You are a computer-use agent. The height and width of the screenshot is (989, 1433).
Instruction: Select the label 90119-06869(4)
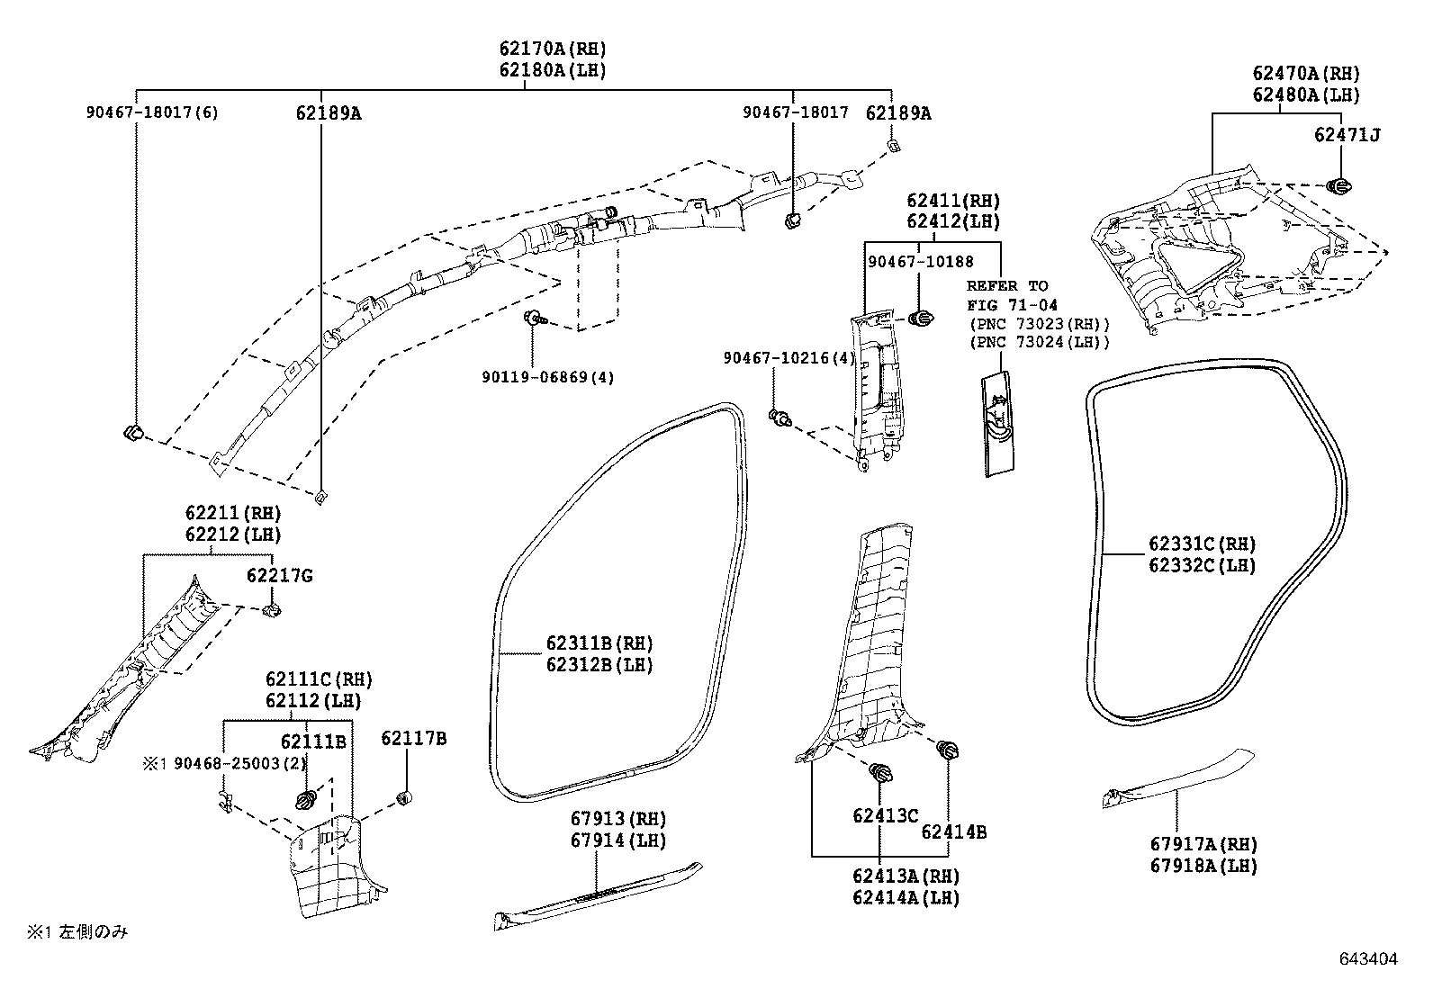click(x=546, y=377)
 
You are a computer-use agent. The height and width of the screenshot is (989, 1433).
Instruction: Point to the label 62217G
click(x=279, y=576)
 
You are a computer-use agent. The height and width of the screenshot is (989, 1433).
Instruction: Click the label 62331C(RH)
click(x=1201, y=544)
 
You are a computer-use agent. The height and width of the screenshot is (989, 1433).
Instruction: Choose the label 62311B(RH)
click(x=599, y=643)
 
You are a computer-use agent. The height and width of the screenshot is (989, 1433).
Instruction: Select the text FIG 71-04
click(x=1012, y=305)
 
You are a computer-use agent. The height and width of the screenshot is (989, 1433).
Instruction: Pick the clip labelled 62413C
click(x=880, y=773)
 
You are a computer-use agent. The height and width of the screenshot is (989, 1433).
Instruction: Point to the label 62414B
click(x=952, y=833)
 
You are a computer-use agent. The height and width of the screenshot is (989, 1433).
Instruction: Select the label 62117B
click(x=413, y=739)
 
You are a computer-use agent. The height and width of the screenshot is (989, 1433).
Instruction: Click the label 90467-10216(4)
click(x=789, y=358)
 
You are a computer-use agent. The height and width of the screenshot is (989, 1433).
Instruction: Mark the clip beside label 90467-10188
click(x=922, y=319)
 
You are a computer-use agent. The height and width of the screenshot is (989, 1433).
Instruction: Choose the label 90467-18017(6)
click(x=152, y=112)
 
